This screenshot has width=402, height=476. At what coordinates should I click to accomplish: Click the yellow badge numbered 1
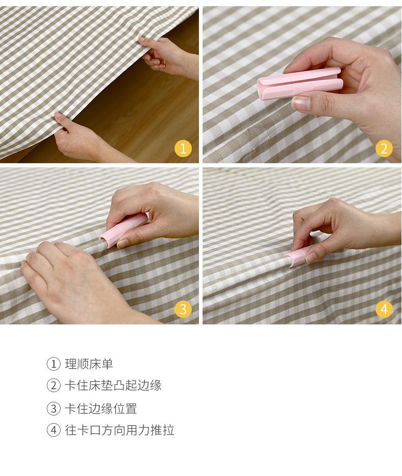183,148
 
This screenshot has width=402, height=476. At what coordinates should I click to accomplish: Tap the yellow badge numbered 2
384,148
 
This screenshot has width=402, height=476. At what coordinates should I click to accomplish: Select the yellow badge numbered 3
183,309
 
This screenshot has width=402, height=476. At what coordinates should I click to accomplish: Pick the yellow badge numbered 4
384,309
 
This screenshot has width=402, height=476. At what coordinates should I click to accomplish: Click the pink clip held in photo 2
300,83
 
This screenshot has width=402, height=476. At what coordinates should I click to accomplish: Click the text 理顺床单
89,364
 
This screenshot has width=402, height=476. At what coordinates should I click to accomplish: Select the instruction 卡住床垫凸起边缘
113,385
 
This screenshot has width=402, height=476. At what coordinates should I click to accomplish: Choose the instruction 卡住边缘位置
101,408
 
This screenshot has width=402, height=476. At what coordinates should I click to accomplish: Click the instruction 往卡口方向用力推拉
120,430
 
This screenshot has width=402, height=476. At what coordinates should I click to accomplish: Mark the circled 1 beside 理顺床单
53,364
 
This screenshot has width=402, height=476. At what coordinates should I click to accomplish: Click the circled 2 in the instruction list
53,385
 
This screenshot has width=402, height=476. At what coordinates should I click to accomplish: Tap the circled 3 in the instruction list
53,408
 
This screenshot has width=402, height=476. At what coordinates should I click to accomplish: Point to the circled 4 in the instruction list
53,430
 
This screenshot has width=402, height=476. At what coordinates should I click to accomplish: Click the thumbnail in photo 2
301,103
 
